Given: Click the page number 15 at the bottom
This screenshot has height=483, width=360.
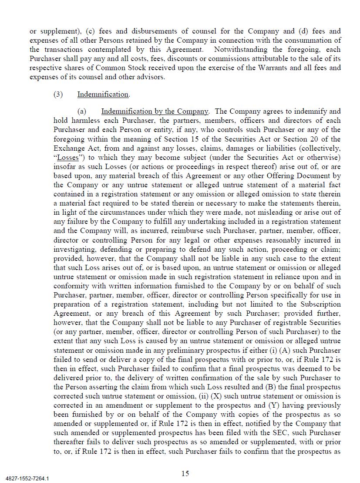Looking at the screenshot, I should pos(185,473).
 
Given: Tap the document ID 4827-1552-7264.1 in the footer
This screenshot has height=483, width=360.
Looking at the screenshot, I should pos(27,479).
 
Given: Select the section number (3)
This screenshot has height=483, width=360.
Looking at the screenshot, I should pos(58,95).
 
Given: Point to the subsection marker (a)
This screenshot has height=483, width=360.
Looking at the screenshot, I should pos(82,111).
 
